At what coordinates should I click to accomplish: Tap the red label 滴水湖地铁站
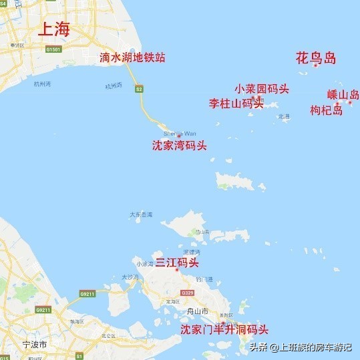coord(132,57)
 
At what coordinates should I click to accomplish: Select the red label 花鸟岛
coord(315,58)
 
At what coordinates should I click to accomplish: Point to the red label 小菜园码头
coord(262,89)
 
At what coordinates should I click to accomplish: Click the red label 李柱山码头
coord(236,104)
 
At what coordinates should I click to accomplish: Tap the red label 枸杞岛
coord(327,110)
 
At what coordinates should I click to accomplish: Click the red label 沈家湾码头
coord(179,145)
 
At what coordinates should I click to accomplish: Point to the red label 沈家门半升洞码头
coord(224,329)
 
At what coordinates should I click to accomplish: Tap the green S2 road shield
coord(139,88)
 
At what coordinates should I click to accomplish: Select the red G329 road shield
coord(187,293)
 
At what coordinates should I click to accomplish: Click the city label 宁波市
coord(34,345)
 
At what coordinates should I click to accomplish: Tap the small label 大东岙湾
coord(141,214)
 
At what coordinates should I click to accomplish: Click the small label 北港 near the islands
coord(285,116)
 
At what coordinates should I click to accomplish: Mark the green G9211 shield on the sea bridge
coord(87,293)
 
